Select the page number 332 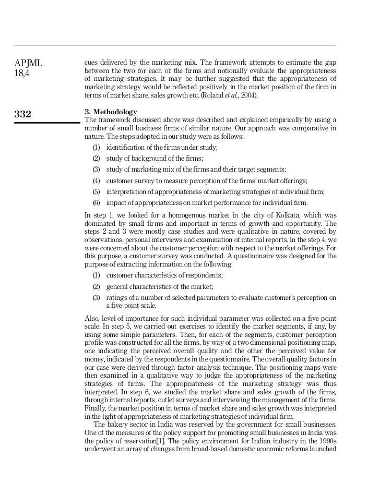tap(22, 114)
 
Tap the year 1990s tap(325, 441)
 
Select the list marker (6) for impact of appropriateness tap(96, 203)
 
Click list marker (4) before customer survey tap(96, 180)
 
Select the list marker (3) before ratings tap(96, 298)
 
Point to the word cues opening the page tap(91, 63)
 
